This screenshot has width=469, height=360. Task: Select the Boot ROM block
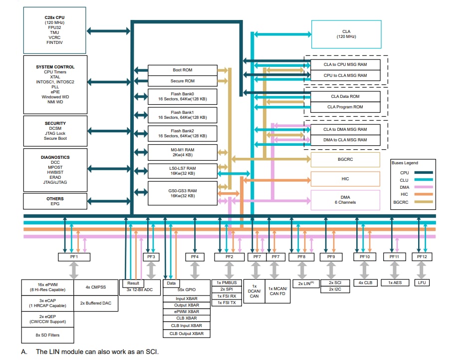coord(183,70)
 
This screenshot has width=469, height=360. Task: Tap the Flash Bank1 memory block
coord(183,115)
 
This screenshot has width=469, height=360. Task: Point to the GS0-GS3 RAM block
coord(183,193)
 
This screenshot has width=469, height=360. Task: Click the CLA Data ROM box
coord(345,96)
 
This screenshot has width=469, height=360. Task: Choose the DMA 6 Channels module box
coord(345,200)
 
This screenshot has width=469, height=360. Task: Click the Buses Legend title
coord(405,163)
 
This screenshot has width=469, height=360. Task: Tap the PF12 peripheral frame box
coord(422,257)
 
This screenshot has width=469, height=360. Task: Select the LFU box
coord(422,283)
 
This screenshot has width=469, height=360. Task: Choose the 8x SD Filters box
coord(47,335)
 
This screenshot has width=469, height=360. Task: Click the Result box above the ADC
coord(133,283)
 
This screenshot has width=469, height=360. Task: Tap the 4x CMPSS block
coord(96,287)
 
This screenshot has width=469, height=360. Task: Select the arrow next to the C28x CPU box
coord(109,31)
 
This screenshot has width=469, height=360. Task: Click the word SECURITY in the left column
coord(54,123)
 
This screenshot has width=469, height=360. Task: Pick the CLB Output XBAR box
coord(187,333)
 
